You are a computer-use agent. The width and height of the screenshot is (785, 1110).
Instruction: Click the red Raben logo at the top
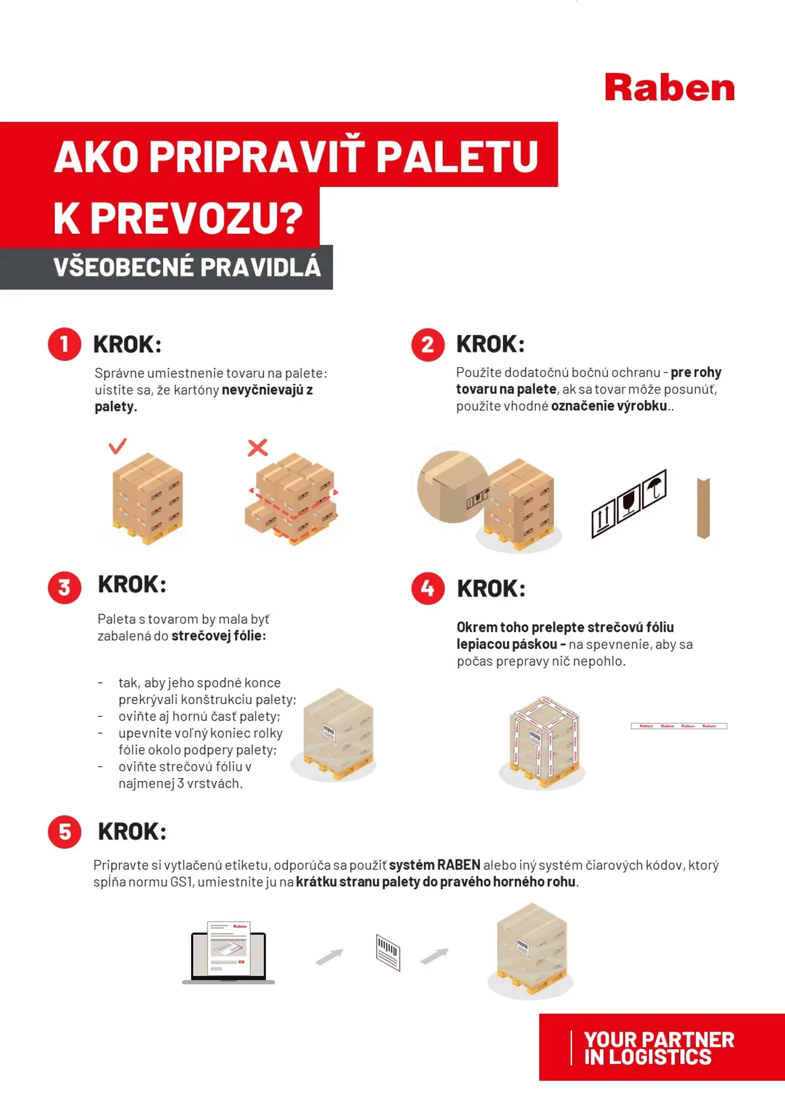pyautogui.click(x=669, y=89)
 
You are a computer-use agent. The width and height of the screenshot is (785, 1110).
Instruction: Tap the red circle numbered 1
pyautogui.click(x=64, y=344)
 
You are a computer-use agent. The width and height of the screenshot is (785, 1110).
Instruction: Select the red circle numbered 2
pyautogui.click(x=428, y=344)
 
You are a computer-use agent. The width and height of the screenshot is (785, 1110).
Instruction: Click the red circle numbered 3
pyautogui.click(x=64, y=587)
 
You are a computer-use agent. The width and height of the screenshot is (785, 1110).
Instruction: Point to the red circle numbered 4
pyautogui.click(x=428, y=588)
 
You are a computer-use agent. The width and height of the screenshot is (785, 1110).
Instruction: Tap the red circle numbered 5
pyautogui.click(x=64, y=831)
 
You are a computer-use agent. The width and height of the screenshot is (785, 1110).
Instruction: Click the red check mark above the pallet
pyautogui.click(x=118, y=446)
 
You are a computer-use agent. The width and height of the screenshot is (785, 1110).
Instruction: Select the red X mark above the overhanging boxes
pyautogui.click(x=258, y=447)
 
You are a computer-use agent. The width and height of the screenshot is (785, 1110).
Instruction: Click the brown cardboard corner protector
pyautogui.click(x=703, y=508)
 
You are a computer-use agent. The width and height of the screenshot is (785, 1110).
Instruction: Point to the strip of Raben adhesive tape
pyautogui.click(x=678, y=726)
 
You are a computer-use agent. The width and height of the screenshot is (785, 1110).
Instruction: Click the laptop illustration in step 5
pyautogui.click(x=229, y=953)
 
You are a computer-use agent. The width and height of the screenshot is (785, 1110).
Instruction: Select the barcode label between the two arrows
pyautogui.click(x=388, y=952)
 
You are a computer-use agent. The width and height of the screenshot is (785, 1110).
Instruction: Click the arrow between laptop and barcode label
pyautogui.click(x=330, y=956)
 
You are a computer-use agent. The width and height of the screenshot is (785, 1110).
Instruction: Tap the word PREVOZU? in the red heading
pyautogui.click(x=196, y=218)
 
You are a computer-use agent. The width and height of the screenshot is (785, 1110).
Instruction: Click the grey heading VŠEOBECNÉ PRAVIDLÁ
pyautogui.click(x=187, y=267)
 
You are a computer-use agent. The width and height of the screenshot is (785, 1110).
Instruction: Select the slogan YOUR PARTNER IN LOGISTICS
pyautogui.click(x=658, y=1048)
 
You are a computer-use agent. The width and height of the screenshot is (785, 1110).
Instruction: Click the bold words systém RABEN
pyautogui.click(x=435, y=865)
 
